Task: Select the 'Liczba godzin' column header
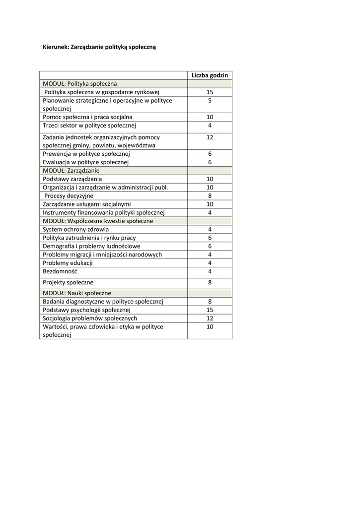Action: [210, 75]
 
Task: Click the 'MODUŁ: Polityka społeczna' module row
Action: [80, 84]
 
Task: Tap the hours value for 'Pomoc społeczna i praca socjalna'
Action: [210, 117]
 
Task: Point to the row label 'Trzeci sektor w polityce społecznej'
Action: [89, 126]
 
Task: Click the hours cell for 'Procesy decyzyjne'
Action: [210, 195]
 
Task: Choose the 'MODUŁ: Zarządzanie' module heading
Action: [71, 170]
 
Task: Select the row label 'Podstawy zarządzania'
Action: [72, 179]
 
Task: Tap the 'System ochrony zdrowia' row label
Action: [75, 229]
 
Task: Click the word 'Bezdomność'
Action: [60, 271]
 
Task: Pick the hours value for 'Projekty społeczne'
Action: [210, 282]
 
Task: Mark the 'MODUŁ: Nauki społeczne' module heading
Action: [77, 293]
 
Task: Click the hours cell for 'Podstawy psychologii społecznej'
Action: [210, 310]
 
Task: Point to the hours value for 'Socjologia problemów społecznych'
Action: [210, 318]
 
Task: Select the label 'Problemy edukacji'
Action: [68, 263]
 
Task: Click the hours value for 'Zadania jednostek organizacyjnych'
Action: [210, 137]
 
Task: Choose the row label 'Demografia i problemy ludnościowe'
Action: [91, 246]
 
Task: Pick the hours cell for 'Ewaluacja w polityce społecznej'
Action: [210, 162]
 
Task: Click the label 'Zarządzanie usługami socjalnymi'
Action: [87, 204]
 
